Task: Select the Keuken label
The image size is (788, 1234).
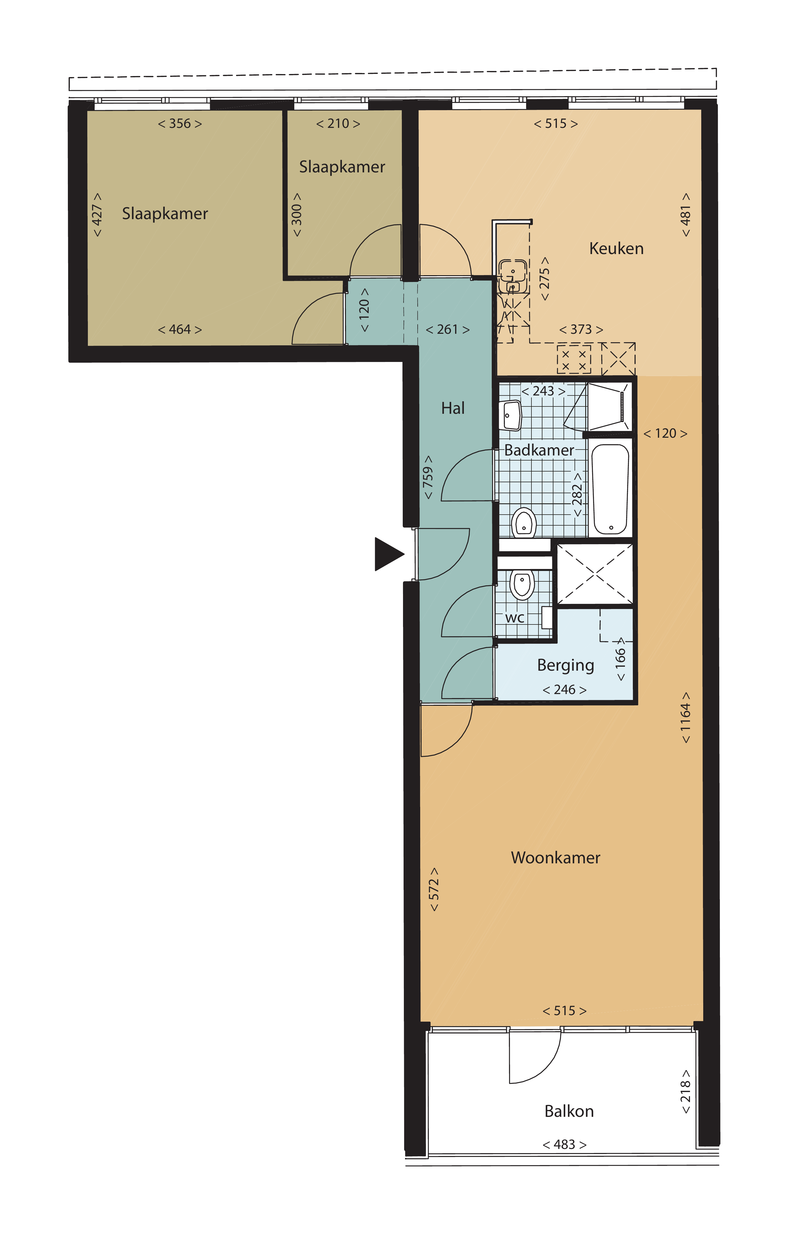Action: pyautogui.click(x=616, y=248)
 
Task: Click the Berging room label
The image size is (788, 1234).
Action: pyautogui.click(x=566, y=665)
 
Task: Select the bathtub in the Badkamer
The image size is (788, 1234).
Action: pyautogui.click(x=610, y=489)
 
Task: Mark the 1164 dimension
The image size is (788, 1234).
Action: pyautogui.click(x=685, y=717)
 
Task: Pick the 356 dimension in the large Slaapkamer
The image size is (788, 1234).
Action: pyautogui.click(x=180, y=123)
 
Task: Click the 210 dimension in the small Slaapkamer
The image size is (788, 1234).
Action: pyautogui.click(x=338, y=123)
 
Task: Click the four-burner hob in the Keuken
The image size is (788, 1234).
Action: pyautogui.click(x=574, y=359)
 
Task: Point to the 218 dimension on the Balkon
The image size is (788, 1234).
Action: pyautogui.click(x=685, y=1091)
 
